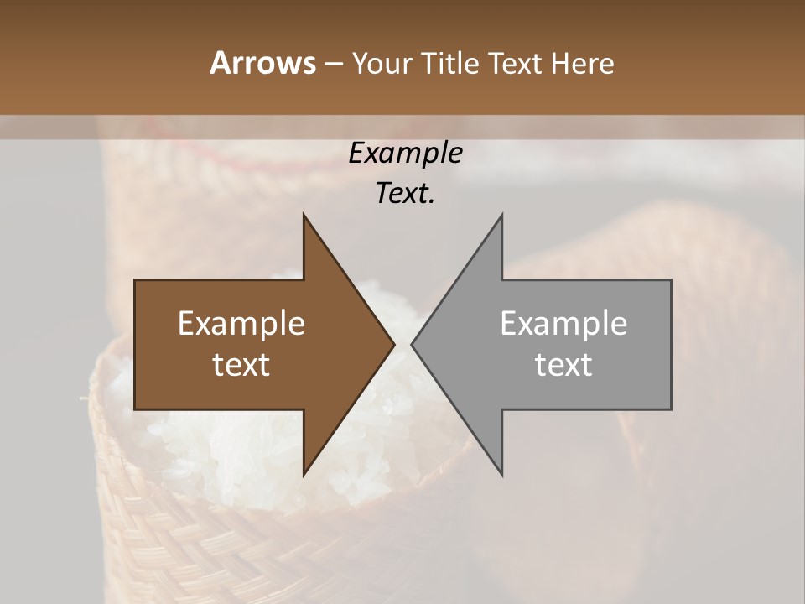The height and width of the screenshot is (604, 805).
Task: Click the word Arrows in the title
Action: click(x=262, y=63)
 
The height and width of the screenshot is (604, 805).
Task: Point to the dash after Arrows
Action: click(x=333, y=64)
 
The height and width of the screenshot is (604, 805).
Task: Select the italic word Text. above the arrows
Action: click(x=405, y=193)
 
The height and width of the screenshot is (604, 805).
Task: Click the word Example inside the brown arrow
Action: click(x=241, y=324)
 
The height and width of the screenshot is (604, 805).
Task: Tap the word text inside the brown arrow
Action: click(x=241, y=365)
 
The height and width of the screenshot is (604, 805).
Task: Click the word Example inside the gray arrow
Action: click(x=563, y=324)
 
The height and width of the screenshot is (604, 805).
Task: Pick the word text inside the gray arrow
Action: click(x=563, y=365)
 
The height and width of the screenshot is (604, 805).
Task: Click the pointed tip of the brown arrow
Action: click(x=394, y=344)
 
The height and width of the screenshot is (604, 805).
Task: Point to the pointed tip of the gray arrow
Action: click(x=412, y=344)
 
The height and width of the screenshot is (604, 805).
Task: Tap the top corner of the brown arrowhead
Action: click(x=304, y=215)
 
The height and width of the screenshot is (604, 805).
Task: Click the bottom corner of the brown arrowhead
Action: click(x=304, y=475)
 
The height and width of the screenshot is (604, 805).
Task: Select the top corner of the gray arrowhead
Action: click(x=501, y=215)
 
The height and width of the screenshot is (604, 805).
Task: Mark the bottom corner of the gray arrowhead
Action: click(x=501, y=475)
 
